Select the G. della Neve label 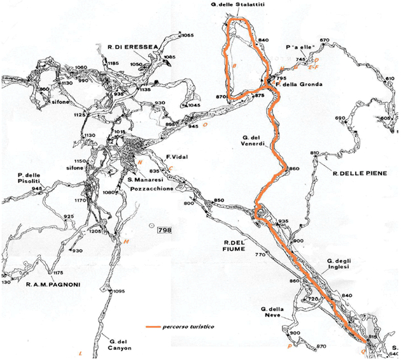(275, 313)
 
